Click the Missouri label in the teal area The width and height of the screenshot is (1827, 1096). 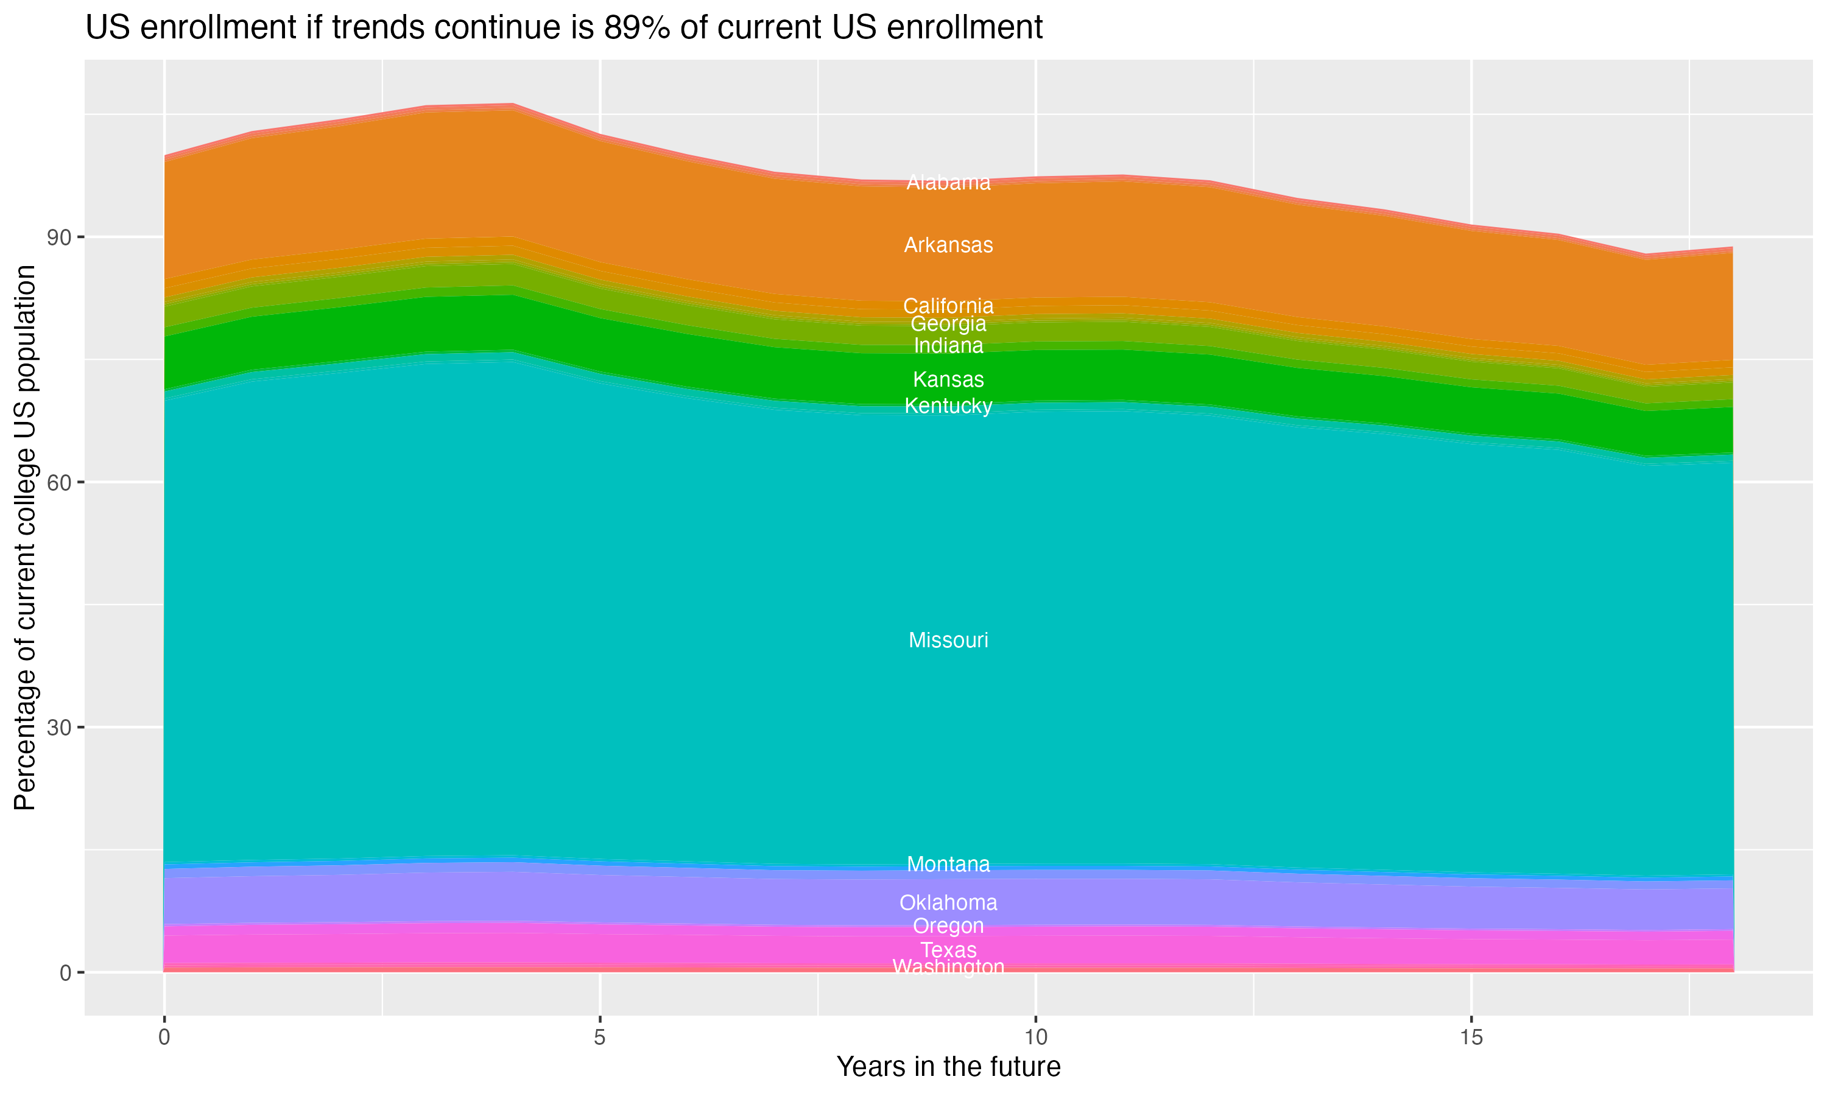[948, 641]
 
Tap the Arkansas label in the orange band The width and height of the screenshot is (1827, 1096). [948, 245]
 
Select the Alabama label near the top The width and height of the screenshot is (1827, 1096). [948, 183]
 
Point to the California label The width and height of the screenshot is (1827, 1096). [948, 306]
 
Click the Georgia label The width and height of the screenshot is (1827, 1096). [948, 324]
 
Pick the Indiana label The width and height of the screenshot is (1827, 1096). [948, 346]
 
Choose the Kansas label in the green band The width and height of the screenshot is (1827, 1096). [948, 379]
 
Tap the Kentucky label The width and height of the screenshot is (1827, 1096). [948, 406]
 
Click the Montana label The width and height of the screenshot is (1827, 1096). [948, 864]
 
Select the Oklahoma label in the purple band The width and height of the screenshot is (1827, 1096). [948, 902]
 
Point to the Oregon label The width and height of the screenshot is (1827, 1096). [948, 926]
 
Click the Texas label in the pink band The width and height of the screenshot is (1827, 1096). [948, 950]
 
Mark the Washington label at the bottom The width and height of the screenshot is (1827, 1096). [948, 967]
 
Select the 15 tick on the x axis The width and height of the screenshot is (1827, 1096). [1471, 1038]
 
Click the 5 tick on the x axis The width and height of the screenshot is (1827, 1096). [600, 1038]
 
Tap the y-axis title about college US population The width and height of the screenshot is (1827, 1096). [25, 538]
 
